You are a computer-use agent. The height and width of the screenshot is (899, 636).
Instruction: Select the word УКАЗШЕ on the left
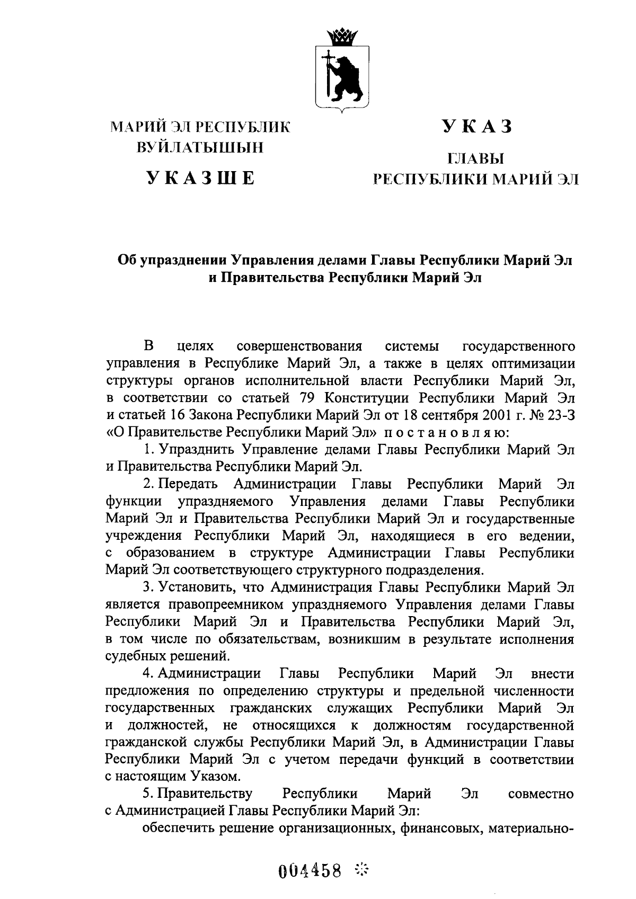pyautogui.click(x=200, y=178)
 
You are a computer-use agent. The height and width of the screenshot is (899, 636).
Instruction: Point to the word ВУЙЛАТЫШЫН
pyautogui.click(x=200, y=147)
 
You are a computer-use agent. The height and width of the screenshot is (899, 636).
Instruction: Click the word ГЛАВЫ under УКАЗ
pyautogui.click(x=475, y=158)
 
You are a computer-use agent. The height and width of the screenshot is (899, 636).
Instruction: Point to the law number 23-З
pyautogui.click(x=559, y=415)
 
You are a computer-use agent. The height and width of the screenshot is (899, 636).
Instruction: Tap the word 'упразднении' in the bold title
pyautogui.click(x=184, y=260)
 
